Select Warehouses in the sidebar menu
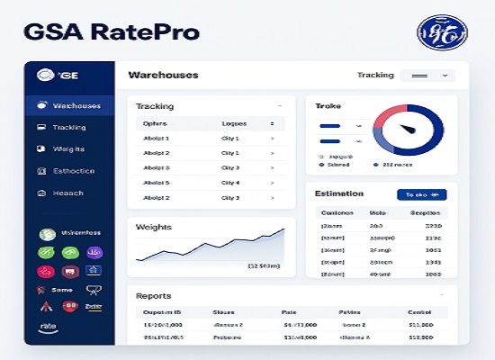[76, 106]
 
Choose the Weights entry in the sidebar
[68, 149]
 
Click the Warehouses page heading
[163, 76]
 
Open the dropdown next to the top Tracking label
[427, 76]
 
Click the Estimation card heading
[339, 193]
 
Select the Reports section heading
[153, 295]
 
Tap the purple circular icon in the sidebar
[93, 253]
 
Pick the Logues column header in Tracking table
[234, 123]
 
